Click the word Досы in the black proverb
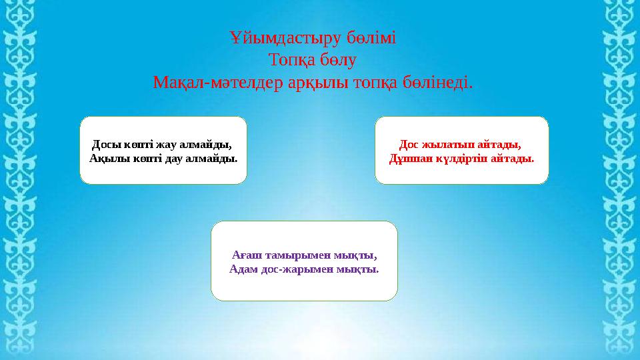103,145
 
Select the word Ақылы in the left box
106,159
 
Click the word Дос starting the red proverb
409,145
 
